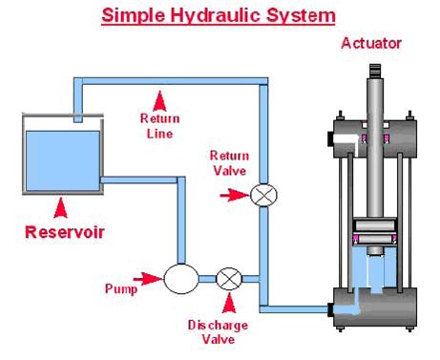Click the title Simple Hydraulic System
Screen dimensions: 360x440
click(x=219, y=15)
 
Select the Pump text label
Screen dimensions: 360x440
click(x=121, y=285)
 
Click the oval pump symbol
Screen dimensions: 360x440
click(x=181, y=279)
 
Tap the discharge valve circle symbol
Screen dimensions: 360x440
click(x=228, y=279)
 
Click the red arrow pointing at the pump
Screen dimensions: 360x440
click(x=151, y=279)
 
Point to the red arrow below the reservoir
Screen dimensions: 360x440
click(x=59, y=204)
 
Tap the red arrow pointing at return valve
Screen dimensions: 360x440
click(x=235, y=196)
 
